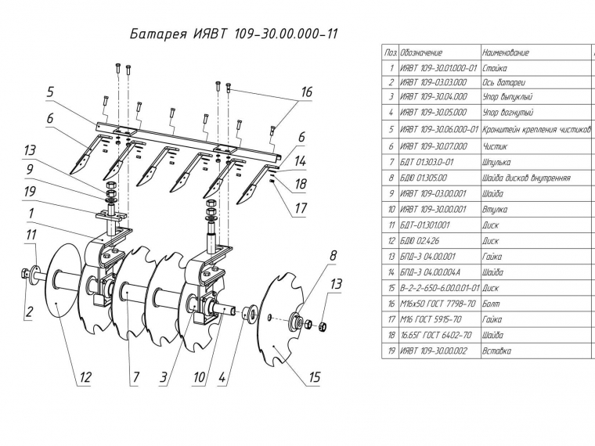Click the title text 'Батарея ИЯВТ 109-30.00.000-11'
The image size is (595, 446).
pyautogui.click(x=233, y=34)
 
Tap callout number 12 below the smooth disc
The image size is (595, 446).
pyautogui.click(x=85, y=377)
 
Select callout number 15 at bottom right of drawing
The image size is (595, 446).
pyautogui.click(x=315, y=377)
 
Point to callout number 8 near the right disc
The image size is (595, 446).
pyautogui.click(x=333, y=255)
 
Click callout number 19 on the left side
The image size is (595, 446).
pyautogui.click(x=30, y=192)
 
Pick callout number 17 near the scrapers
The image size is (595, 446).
pyautogui.click(x=301, y=208)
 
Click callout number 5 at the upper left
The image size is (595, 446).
pyautogui.click(x=50, y=92)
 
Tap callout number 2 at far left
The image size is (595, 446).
pyautogui.click(x=29, y=311)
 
